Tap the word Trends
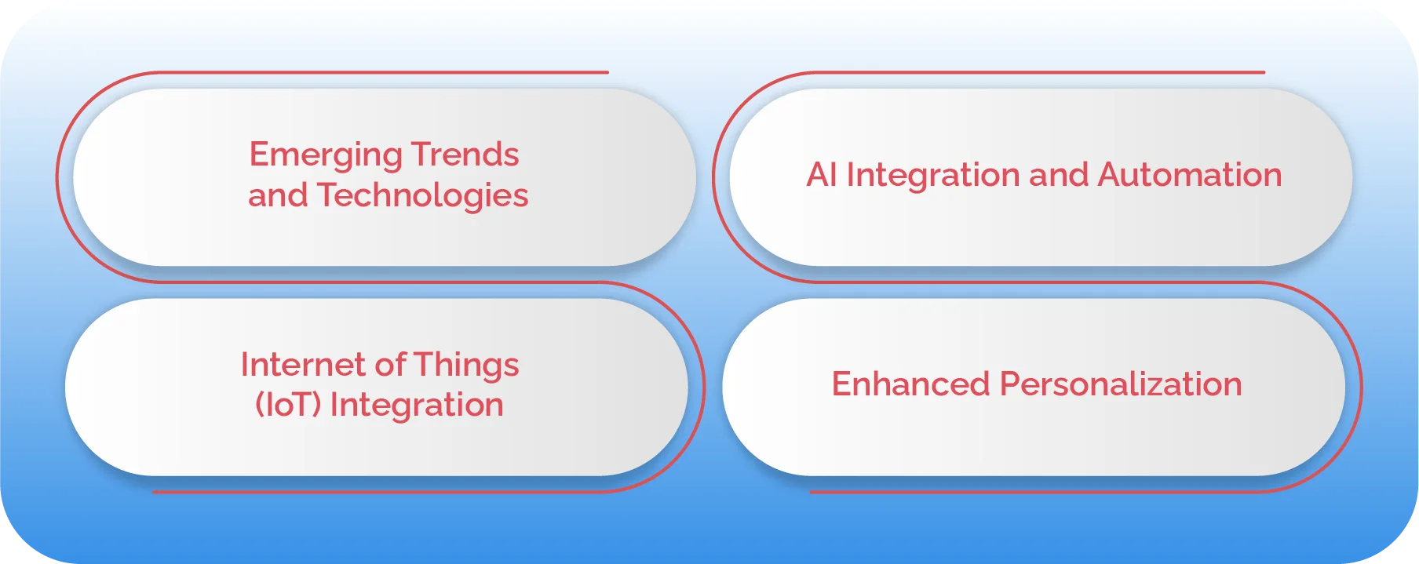pyautogui.click(x=465, y=155)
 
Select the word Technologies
pyautogui.click(x=422, y=196)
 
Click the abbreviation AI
pyautogui.click(x=822, y=175)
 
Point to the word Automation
pyautogui.click(x=1190, y=175)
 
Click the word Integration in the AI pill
pyautogui.click(x=933, y=175)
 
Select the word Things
pyautogui.click(x=466, y=366)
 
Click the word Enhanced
pyautogui.click(x=910, y=384)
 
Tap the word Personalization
pyautogui.click(x=1121, y=385)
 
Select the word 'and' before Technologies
pyautogui.click(x=278, y=196)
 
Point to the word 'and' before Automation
pyautogui.click(x=1059, y=175)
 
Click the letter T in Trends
pyautogui.click(x=421, y=155)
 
